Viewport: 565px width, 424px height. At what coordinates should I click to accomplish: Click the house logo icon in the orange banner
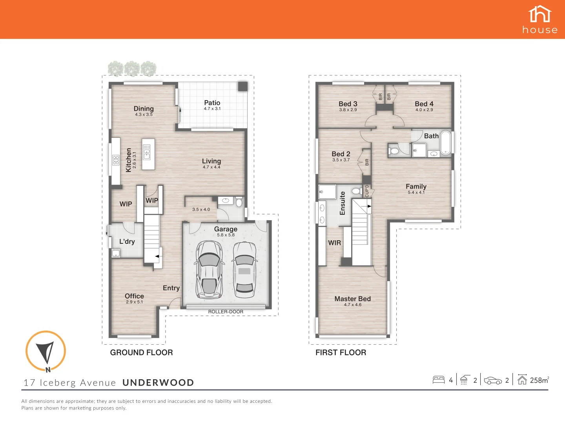coord(540,15)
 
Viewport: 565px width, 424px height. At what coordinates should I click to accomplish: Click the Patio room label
coord(212,103)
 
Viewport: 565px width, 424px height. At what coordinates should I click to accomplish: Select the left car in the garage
coord(209,269)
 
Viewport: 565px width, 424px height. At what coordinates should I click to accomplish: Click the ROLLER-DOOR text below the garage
coord(226,312)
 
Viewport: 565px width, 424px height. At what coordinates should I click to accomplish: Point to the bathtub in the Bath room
coord(446,143)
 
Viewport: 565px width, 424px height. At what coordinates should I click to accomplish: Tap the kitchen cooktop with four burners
coord(116,160)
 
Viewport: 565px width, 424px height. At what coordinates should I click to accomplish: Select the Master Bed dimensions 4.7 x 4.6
coord(352,305)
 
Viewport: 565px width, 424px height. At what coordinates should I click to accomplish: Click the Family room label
coord(416,186)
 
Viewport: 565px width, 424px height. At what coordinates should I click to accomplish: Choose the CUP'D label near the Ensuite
coord(367,191)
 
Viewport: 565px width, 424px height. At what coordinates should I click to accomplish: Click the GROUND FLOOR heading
coord(141,353)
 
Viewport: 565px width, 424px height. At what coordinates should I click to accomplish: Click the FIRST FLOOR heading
coord(341,353)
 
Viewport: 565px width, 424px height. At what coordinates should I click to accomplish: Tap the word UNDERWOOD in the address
coord(158,383)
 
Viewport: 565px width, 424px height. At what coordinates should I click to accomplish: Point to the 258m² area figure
coord(539,380)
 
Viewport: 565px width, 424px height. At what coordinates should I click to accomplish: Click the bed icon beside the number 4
coord(438,380)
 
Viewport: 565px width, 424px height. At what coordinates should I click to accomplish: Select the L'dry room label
coord(127,241)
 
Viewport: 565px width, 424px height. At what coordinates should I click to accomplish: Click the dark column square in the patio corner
coord(242,86)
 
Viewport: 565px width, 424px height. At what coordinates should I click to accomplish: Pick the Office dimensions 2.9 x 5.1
coord(134,302)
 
